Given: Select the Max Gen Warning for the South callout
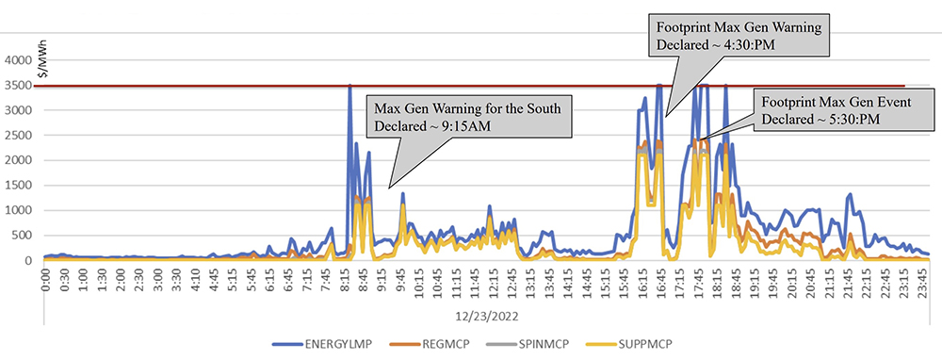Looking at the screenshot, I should (468, 118).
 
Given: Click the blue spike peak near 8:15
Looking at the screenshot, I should (349, 87).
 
